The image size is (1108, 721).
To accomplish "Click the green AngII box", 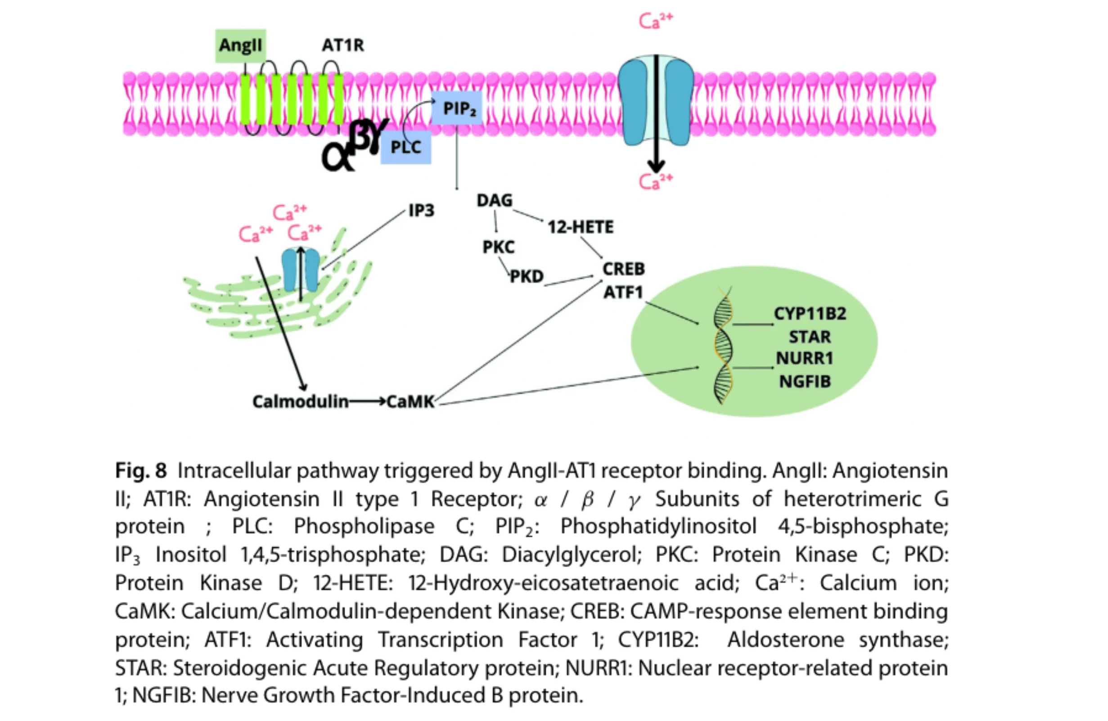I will point(240,45).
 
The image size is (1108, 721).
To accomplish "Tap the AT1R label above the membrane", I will point(342,45).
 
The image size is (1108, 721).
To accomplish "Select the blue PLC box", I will point(405,147).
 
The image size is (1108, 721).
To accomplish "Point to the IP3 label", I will point(421,210).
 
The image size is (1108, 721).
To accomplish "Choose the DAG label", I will point(494,200).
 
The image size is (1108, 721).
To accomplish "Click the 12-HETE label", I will point(580,227).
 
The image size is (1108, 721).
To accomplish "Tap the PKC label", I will point(498,247).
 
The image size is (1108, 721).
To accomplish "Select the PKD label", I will point(527,276).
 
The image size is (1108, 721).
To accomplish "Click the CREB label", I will point(623,269).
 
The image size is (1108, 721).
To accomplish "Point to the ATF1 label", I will point(623,292).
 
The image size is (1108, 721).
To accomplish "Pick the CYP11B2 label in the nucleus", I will point(810,314).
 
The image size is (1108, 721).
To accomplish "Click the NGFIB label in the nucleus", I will point(805,381).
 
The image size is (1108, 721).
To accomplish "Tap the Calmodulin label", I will point(300,401).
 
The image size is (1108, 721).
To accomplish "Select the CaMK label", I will point(410,401).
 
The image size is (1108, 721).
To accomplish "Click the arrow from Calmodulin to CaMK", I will point(367,401).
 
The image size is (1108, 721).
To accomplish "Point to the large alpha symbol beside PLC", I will point(338,158).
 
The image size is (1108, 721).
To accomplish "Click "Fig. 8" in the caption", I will point(140,471).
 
